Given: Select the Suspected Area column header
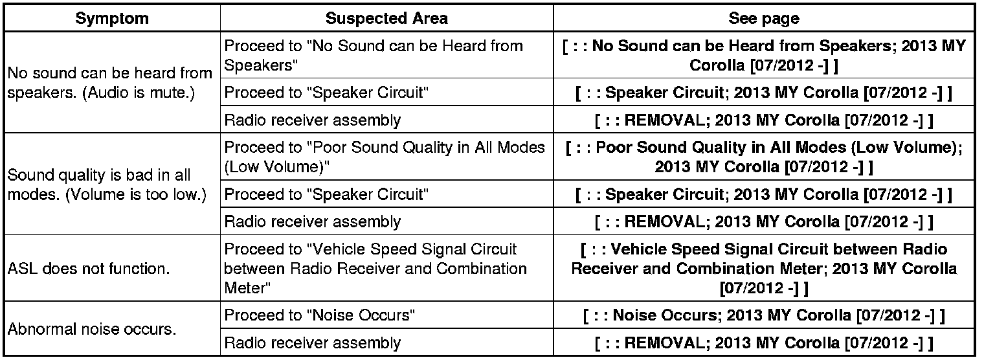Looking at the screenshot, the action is tap(386, 18).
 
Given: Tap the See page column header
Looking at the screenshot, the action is tap(763, 18).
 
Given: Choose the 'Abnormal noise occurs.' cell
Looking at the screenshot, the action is tap(91, 329).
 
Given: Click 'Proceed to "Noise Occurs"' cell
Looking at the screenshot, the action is tap(319, 315).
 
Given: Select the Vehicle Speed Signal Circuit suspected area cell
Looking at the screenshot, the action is tap(375, 268).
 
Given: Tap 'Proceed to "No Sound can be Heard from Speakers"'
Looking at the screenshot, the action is tap(373, 56).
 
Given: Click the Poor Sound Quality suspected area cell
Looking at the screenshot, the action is tap(385, 157).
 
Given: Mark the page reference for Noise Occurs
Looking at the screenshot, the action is tap(763, 315).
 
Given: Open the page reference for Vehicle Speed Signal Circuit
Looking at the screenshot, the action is tap(763, 268).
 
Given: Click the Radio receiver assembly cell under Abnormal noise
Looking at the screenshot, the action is tap(312, 343).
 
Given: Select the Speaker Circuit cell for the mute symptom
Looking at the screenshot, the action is tap(326, 93).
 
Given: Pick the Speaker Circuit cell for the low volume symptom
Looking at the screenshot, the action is tap(326, 194).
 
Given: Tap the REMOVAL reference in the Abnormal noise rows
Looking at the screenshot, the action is tap(763, 343).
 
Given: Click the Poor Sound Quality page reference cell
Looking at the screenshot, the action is tap(763, 157).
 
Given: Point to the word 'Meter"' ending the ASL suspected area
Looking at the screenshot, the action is tap(243, 287).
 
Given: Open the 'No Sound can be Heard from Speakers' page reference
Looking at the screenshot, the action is tap(763, 56).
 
